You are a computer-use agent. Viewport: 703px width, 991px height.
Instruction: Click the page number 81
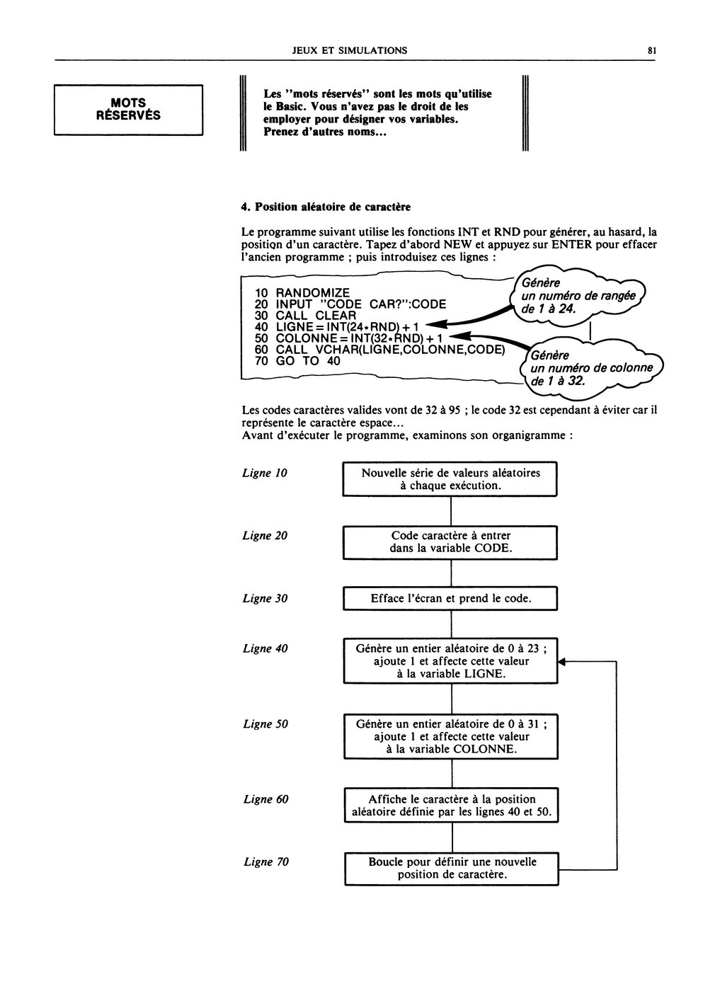coord(651,50)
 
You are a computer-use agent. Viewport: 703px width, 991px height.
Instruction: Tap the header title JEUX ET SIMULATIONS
coord(350,50)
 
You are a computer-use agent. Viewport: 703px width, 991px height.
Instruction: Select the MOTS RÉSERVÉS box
coord(128,110)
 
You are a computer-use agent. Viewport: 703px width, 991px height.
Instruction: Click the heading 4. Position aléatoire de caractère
coord(326,207)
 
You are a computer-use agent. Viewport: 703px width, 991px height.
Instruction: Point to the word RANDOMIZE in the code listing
coord(312,292)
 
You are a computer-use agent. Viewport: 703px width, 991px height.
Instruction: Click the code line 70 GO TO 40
coord(297,361)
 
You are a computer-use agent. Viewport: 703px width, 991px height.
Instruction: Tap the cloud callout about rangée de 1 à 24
coord(578,297)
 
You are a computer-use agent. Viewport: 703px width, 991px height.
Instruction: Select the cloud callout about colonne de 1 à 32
coord(591,369)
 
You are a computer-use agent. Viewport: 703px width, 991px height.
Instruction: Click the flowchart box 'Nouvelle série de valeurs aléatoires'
coord(450,479)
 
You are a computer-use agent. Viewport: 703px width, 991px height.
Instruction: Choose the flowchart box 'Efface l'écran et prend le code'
coord(450,599)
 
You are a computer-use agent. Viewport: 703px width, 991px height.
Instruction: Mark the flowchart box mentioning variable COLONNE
coord(451,736)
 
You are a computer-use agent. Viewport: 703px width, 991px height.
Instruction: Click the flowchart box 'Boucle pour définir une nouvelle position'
coord(452,869)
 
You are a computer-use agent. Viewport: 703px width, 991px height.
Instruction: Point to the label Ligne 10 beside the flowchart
coord(265,473)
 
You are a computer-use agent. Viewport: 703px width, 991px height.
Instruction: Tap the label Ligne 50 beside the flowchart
coord(265,723)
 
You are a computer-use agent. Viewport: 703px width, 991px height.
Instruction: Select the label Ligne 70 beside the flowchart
coord(266,862)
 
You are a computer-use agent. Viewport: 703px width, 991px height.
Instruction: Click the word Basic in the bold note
coord(290,107)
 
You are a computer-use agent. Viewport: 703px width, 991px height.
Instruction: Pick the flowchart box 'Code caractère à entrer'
coord(450,542)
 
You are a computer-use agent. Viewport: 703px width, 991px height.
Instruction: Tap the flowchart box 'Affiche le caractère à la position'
coord(451,806)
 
